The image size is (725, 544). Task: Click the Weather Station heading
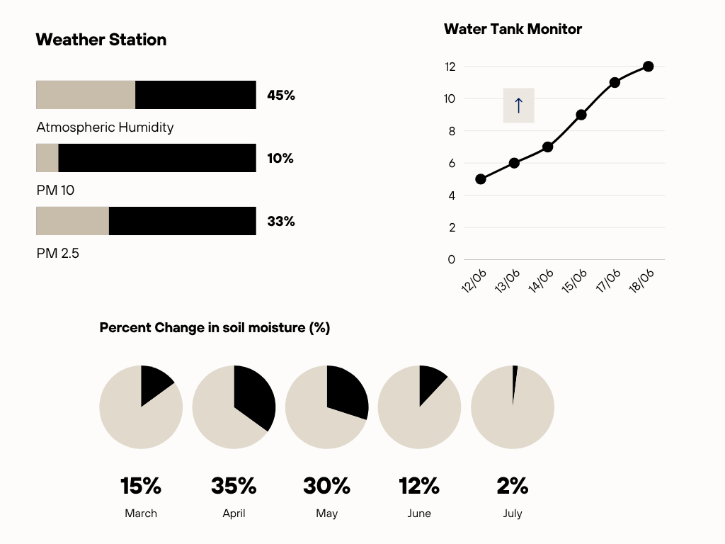[x=101, y=40]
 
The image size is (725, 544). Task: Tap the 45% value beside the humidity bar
[x=281, y=95]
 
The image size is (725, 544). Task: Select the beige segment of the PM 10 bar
[x=47, y=158]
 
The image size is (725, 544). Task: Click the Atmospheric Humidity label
[x=105, y=127]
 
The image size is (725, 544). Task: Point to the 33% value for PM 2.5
[x=281, y=221]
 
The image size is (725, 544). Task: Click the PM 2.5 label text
[x=58, y=253]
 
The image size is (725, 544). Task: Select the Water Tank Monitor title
[x=513, y=29]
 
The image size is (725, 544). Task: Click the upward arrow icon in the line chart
[x=518, y=106]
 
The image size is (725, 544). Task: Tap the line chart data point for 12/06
[x=481, y=179]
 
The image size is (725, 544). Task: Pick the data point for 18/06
[x=648, y=67]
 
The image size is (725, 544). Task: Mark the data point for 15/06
[x=581, y=115]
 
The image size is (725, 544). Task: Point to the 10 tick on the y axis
[x=450, y=98]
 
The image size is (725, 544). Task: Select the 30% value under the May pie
[x=326, y=486]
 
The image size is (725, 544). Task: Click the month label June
[x=419, y=514]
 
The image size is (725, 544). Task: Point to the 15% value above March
[x=141, y=486]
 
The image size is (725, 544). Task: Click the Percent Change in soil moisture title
[x=215, y=328]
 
